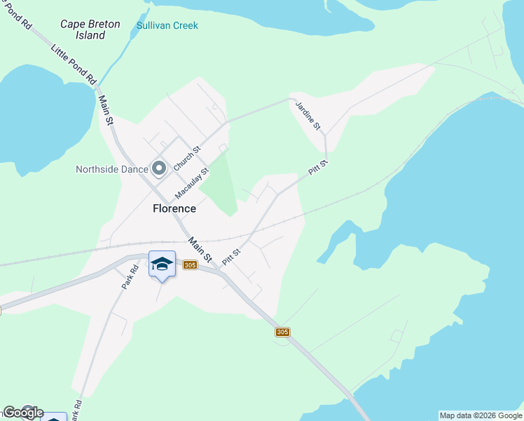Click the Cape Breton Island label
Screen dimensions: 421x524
90,29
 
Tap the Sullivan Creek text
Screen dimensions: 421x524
167,26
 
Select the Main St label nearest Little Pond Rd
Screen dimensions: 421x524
106,111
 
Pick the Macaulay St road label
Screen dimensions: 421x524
192,182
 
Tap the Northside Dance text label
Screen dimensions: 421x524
112,169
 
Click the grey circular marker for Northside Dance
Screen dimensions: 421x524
159,168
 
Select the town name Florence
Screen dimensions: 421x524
174,208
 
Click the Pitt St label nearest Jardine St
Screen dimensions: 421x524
318,169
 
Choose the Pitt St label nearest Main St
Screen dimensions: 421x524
231,257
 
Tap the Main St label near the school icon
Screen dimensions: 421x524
200,250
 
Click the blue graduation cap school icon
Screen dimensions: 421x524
162,264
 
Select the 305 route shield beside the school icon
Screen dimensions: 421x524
189,265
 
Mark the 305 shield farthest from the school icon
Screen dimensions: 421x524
282,332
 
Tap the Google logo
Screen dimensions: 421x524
22,413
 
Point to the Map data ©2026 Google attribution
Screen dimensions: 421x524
481,415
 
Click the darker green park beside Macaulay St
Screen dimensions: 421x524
223,184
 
